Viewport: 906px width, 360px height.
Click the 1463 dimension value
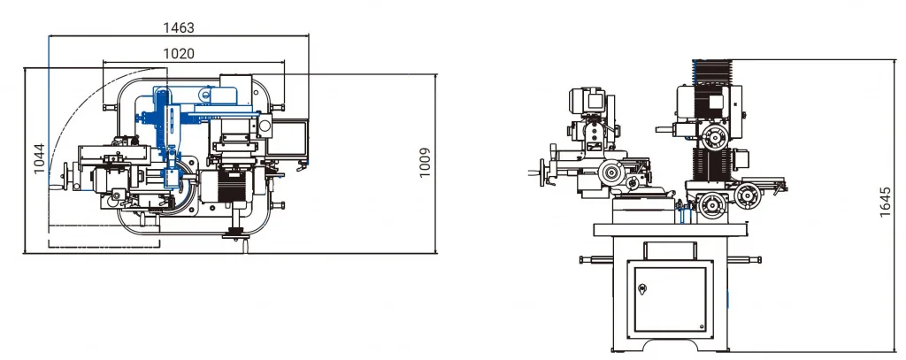tap(179, 27)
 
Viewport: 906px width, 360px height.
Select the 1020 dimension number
tap(179, 54)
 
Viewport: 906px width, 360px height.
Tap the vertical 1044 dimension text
tap(39, 158)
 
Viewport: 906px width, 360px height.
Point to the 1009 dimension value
tap(425, 163)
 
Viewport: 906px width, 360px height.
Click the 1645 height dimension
tap(885, 202)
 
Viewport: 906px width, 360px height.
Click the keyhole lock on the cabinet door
tap(641, 288)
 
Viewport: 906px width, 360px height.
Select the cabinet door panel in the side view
tap(671, 299)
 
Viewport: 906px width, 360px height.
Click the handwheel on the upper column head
tap(715, 137)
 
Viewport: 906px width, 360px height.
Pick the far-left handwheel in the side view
tap(542, 172)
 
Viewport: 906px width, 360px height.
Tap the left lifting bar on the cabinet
tap(595, 260)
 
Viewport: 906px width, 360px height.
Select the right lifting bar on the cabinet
tap(744, 259)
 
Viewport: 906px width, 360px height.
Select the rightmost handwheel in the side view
tap(748, 195)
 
